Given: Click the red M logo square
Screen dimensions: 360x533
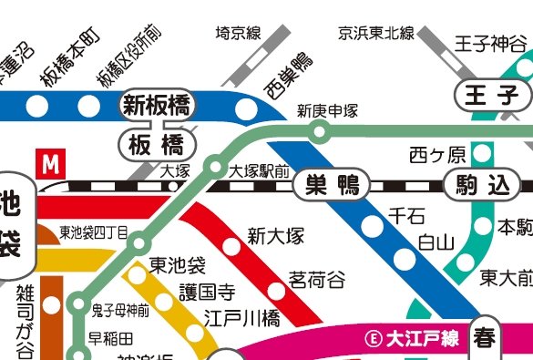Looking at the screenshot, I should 51,165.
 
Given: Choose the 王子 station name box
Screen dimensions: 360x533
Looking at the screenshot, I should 491,94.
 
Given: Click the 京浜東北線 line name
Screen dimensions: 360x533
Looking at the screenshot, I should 376,35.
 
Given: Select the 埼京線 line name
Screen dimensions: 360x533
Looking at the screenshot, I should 239,35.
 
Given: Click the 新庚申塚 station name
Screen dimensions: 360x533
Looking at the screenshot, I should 327,111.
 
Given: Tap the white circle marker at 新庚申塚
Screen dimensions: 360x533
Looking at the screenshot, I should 319,133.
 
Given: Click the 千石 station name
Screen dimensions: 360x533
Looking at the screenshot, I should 406,216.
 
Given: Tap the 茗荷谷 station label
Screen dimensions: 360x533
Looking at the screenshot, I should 317,277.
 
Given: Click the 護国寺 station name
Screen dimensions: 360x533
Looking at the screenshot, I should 207,293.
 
